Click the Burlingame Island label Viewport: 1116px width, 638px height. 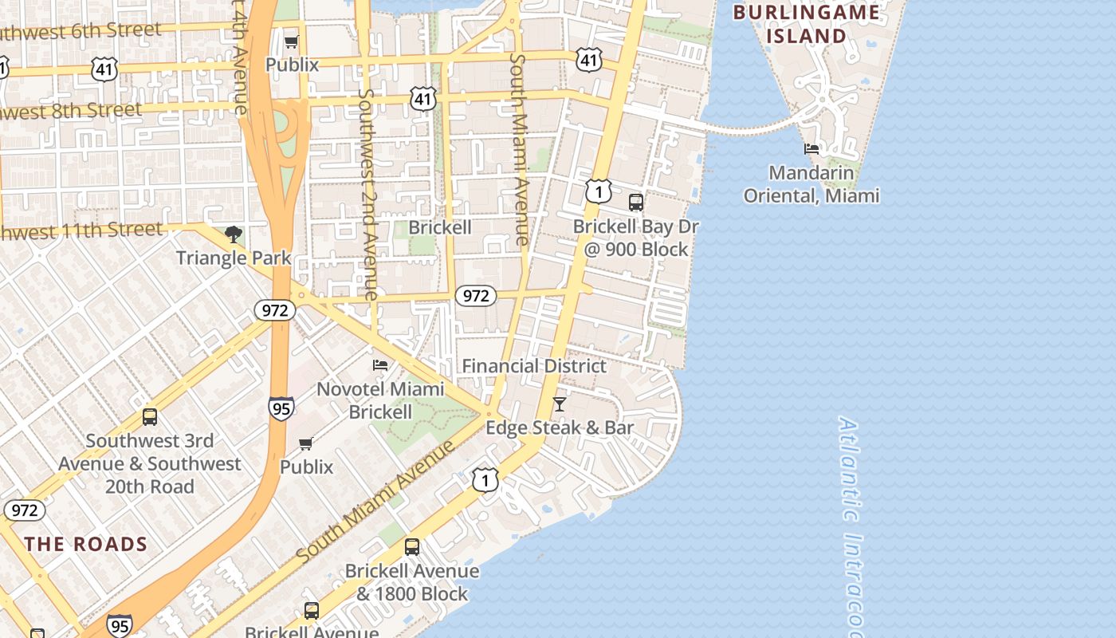[806, 24]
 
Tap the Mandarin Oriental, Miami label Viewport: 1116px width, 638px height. [811, 184]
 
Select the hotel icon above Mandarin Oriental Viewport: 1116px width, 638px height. [811, 149]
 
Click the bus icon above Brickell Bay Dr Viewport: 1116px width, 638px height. [635, 202]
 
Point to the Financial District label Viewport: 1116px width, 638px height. [534, 366]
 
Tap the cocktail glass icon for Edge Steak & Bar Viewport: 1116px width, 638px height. [560, 404]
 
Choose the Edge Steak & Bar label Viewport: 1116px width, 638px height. [560, 428]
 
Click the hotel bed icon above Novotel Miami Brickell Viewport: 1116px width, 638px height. [380, 365]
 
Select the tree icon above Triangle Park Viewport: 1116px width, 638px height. [234, 234]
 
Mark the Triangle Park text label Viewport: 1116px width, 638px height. [234, 258]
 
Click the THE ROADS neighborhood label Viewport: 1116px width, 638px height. [86, 545]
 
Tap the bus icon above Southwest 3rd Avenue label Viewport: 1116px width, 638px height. [150, 416]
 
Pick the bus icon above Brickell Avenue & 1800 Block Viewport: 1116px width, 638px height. [412, 547]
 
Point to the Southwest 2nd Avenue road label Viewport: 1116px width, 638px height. [367, 194]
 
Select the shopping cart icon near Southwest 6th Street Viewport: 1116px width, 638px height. [292, 41]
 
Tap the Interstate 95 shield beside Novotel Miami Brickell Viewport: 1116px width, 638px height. [281, 408]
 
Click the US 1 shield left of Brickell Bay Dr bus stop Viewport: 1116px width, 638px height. [599, 191]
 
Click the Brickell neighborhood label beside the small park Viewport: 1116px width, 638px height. [440, 227]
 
